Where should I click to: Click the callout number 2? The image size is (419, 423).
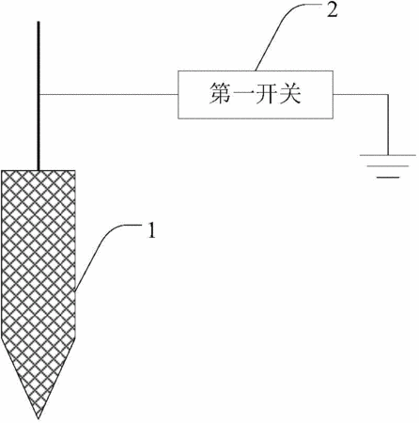[x=333, y=10]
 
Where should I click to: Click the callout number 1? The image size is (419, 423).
[x=151, y=231]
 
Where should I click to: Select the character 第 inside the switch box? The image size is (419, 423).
[x=221, y=93]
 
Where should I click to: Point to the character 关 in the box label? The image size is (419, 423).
[x=290, y=93]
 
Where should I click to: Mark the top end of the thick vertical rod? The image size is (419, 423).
[x=39, y=22]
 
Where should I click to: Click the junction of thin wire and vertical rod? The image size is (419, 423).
[x=39, y=94]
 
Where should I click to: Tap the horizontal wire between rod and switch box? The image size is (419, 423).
[x=109, y=94]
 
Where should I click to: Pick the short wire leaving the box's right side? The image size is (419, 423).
[x=360, y=94]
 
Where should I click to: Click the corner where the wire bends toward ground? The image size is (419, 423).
[x=388, y=95]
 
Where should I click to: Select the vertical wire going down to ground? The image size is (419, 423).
[x=388, y=125]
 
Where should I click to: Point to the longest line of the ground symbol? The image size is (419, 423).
[x=388, y=155]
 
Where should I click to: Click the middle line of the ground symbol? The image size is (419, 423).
[x=388, y=166]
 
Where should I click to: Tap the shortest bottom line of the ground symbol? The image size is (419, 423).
[x=388, y=178]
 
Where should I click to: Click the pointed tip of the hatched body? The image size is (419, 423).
[x=39, y=418]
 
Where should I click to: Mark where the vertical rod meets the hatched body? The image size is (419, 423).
[x=39, y=170]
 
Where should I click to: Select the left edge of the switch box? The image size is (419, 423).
[x=178, y=95]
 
